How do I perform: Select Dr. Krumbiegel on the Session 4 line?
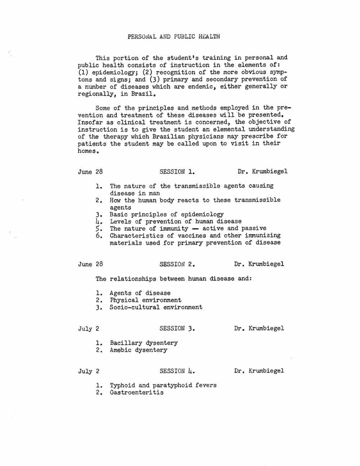pos(263,397)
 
